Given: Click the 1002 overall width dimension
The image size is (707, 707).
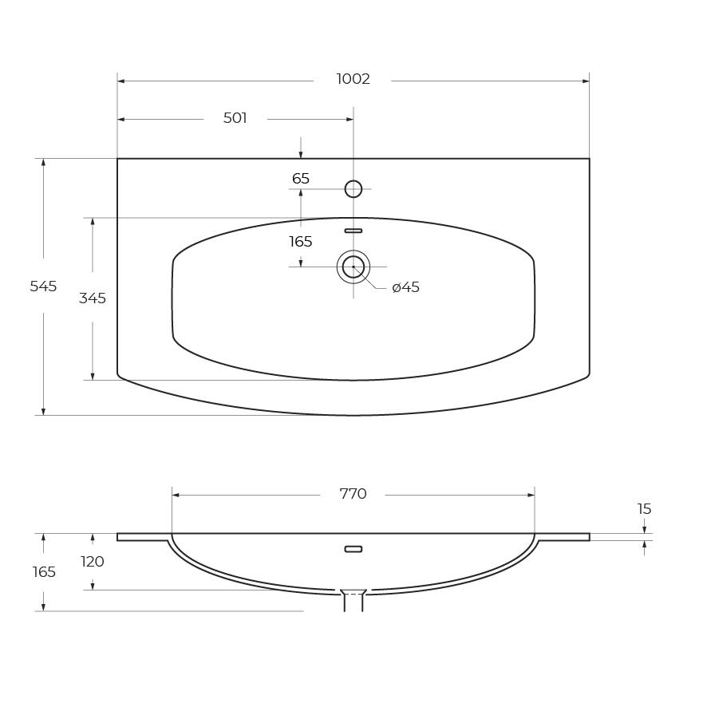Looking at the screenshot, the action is [x=353, y=79].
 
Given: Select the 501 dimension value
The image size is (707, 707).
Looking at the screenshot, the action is [x=235, y=117].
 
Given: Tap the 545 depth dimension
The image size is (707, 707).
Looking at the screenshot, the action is [x=43, y=286].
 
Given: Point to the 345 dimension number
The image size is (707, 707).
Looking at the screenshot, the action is [x=93, y=298].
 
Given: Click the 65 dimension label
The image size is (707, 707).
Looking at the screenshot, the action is [x=301, y=179].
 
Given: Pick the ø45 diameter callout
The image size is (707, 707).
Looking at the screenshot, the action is [x=406, y=286].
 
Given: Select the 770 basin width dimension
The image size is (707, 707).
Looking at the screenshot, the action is [x=353, y=494].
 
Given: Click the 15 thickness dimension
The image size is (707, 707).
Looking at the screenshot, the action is [x=644, y=508].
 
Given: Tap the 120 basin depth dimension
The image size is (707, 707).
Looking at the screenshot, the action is [x=93, y=561].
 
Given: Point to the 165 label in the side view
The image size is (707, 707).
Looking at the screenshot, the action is [x=44, y=571].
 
